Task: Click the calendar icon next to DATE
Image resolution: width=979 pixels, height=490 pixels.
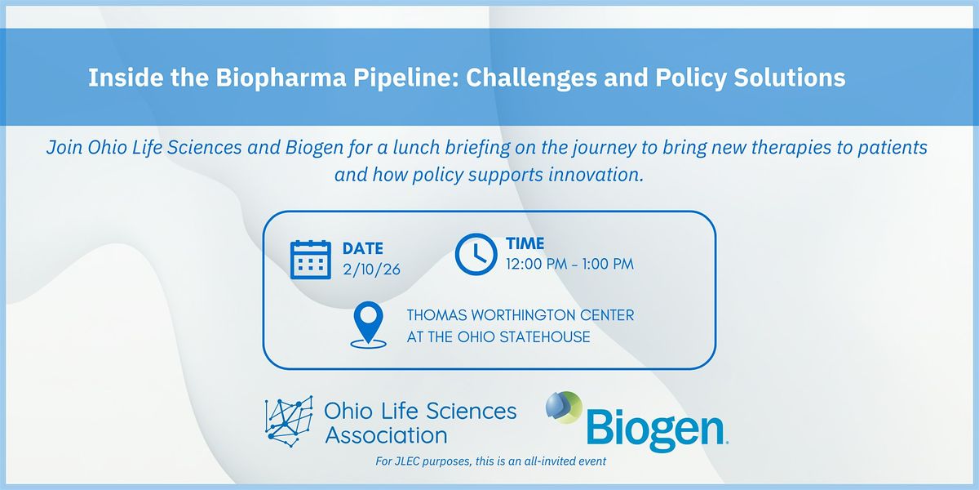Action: tap(310, 260)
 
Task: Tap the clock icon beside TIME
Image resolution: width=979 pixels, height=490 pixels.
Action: tap(476, 254)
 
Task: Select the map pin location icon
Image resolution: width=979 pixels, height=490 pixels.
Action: tap(369, 325)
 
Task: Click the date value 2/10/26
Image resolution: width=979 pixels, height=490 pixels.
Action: tap(371, 269)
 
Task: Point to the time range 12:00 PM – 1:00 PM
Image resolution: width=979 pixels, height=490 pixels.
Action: tap(570, 265)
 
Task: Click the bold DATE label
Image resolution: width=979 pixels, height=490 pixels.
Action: tap(363, 248)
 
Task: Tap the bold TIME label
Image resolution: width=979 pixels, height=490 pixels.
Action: tap(525, 243)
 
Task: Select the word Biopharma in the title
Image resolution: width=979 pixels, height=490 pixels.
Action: tap(281, 78)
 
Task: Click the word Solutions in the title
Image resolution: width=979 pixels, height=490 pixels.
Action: tap(790, 77)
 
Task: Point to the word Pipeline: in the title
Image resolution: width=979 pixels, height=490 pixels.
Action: tap(406, 78)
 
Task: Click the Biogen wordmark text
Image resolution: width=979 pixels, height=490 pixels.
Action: tap(657, 430)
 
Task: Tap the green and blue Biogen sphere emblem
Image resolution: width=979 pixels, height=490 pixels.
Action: tap(565, 408)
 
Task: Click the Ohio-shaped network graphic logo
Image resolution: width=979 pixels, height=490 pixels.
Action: tap(289, 421)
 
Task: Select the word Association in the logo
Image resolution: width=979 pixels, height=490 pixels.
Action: tap(387, 435)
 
